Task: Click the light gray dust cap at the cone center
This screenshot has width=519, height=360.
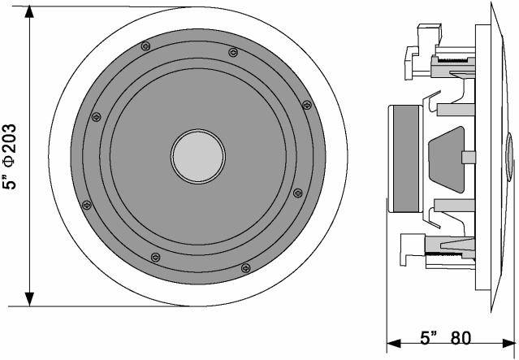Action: point(198,156)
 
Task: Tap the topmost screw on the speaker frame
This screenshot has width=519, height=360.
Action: point(145,46)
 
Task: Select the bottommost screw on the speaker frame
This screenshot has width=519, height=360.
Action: point(245,268)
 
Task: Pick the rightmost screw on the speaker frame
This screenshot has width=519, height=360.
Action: point(307,105)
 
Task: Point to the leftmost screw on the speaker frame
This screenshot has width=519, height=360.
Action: point(86,205)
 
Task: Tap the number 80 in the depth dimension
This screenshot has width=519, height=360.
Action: point(461,338)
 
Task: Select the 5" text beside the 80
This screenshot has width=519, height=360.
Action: point(429,338)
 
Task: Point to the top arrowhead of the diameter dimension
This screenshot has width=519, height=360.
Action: point(29,12)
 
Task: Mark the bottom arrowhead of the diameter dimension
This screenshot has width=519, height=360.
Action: point(29,299)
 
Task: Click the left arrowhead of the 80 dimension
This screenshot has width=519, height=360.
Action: point(394,344)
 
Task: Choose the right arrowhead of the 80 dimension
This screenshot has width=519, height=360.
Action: point(508,344)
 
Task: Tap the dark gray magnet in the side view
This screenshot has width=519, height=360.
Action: point(405,158)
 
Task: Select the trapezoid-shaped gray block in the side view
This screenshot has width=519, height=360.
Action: point(447,159)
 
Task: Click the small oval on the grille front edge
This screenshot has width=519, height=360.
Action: point(509,157)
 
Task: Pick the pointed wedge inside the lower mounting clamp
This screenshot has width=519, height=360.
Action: point(457,245)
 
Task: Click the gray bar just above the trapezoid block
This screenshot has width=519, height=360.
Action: point(456,110)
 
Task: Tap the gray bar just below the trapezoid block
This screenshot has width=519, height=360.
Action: point(454,205)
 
